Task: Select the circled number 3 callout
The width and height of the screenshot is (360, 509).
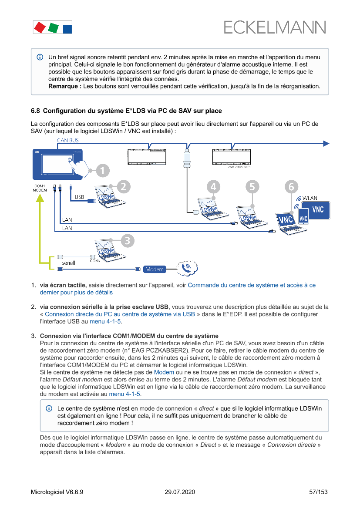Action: click(x=127, y=240)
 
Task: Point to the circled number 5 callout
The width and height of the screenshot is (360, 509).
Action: click(x=251, y=186)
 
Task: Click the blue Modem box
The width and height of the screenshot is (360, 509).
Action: click(x=155, y=270)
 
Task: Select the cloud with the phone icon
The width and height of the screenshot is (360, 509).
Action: click(x=187, y=268)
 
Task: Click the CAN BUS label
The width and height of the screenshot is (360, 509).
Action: click(x=68, y=140)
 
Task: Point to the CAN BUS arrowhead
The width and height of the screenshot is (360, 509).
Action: click(x=326, y=143)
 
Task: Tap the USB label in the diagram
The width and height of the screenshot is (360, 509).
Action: click(x=79, y=197)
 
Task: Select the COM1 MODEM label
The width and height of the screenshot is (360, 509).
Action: click(x=40, y=188)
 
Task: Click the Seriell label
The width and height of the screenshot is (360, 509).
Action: click(x=68, y=263)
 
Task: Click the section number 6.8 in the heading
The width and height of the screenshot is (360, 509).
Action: click(x=35, y=111)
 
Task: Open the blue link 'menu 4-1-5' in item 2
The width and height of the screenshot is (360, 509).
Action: click(x=105, y=321)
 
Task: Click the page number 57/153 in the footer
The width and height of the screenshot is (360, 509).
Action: click(x=318, y=492)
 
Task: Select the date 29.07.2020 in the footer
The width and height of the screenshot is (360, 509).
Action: click(x=180, y=492)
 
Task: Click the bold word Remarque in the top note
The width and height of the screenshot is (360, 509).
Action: click(x=64, y=86)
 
